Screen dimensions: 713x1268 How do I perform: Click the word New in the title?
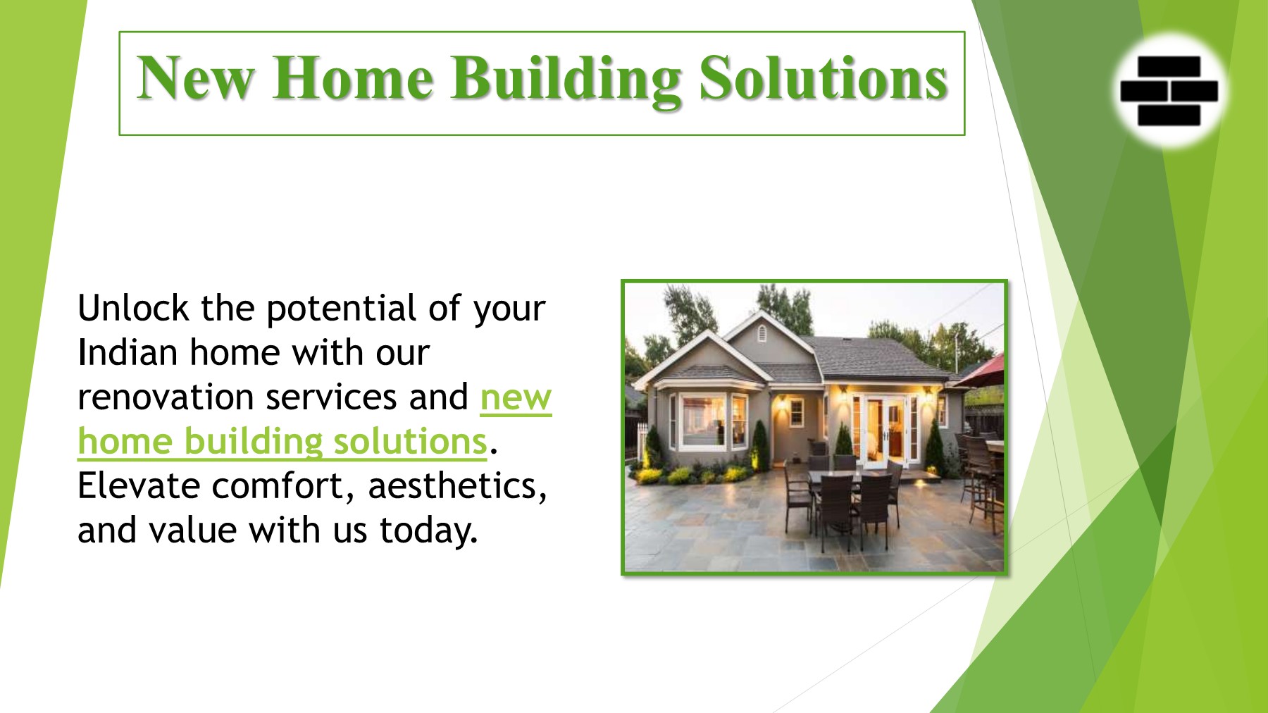coord(195,78)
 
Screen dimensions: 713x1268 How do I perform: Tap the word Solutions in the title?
coord(823,78)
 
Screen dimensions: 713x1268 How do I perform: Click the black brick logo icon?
coord(1169,91)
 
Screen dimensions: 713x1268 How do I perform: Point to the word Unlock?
coord(133,308)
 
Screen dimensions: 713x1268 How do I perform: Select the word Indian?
coord(128,352)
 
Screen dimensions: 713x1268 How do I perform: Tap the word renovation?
coord(166,397)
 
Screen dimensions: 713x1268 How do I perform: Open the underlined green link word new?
coord(516,399)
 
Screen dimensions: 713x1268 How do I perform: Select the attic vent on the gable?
coord(761,333)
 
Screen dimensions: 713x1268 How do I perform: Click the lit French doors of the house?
coord(883,429)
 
